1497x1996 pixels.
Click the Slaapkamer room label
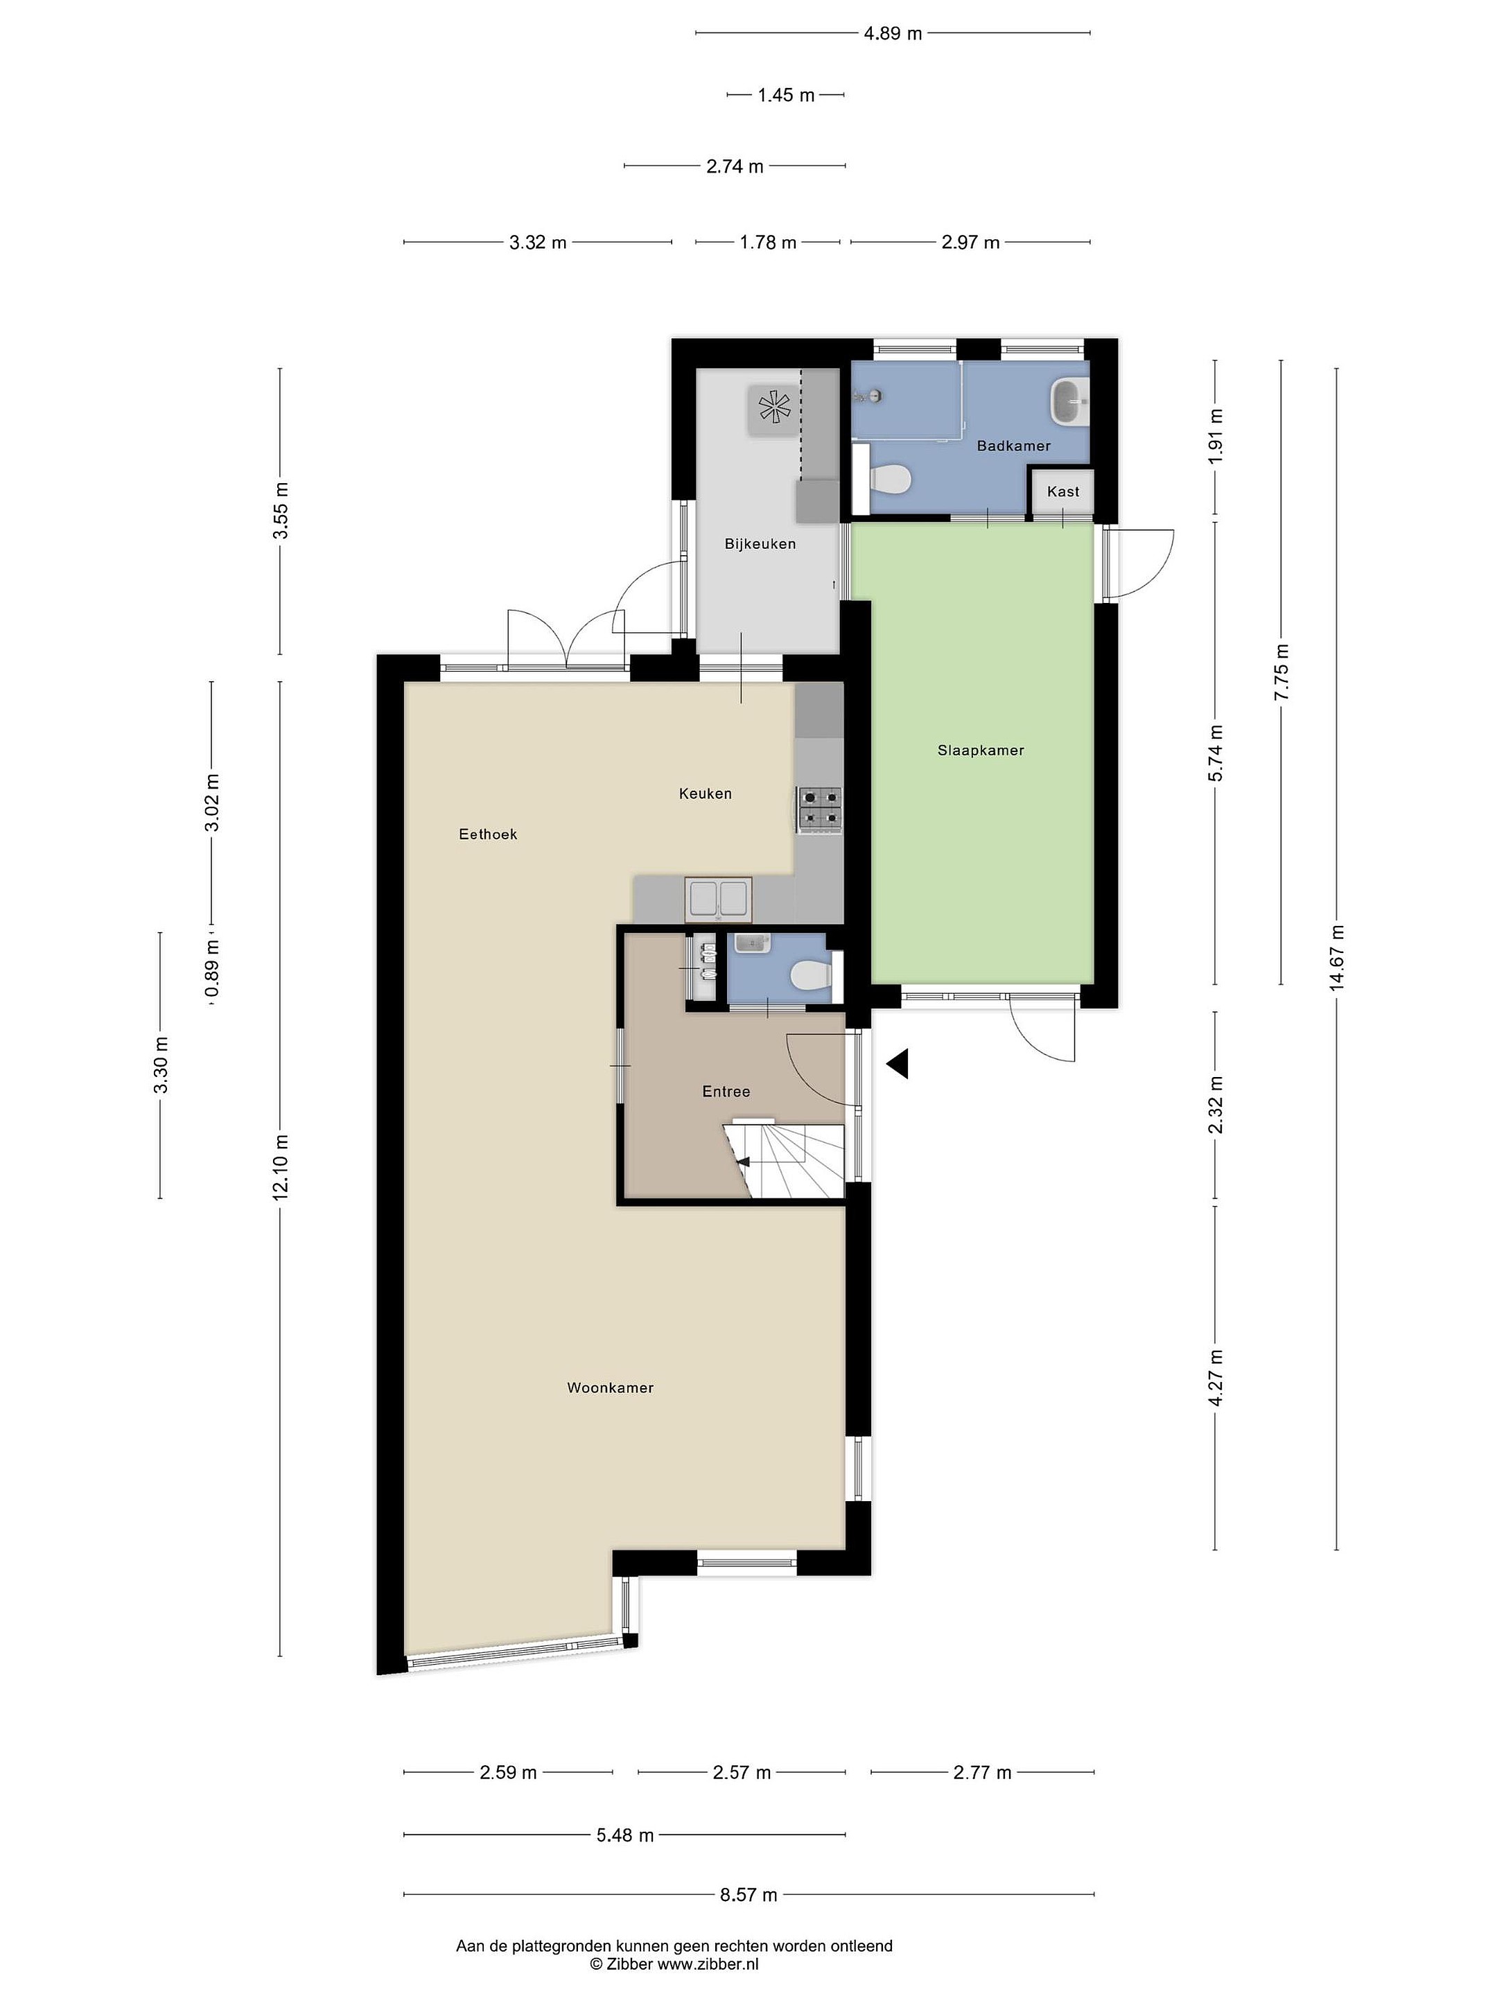(x=980, y=750)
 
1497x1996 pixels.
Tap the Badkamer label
(x=1013, y=446)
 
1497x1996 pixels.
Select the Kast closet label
(x=1063, y=492)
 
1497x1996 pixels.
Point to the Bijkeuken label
(x=760, y=544)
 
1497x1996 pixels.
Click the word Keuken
(x=705, y=794)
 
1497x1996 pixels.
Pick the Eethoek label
(x=487, y=834)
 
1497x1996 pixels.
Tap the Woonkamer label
(x=610, y=1387)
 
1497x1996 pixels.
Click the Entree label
(x=726, y=1092)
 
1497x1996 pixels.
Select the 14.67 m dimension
(x=1336, y=958)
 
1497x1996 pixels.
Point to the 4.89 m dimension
(x=893, y=34)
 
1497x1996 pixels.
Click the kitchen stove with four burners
(x=819, y=809)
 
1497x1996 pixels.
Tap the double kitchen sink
(x=718, y=900)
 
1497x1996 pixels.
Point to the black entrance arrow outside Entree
(x=897, y=1065)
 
